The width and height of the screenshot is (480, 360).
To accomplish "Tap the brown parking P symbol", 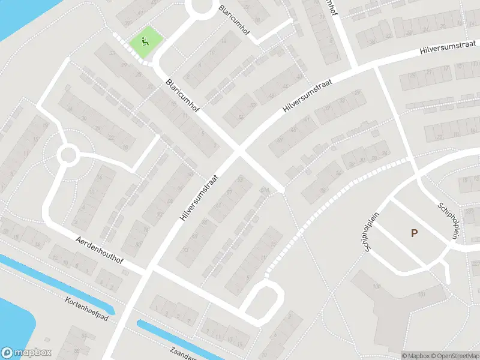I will [414, 233].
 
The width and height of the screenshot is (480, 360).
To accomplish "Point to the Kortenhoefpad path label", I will [88, 308].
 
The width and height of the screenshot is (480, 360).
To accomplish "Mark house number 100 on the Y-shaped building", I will [377, 286].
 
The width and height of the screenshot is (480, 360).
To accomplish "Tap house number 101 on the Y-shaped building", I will [422, 294].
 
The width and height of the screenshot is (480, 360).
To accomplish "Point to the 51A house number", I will [265, 190].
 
